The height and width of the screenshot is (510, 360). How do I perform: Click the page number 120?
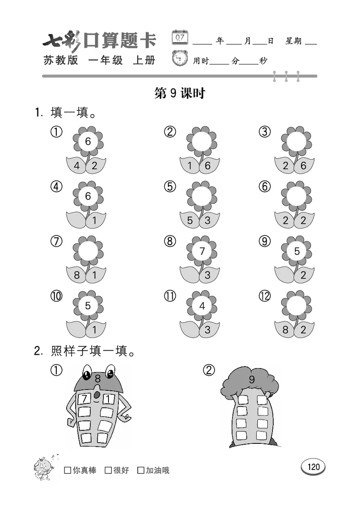coord(314,467)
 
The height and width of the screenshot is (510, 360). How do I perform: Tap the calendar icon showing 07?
coord(180,37)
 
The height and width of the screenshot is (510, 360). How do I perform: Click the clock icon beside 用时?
coord(180,59)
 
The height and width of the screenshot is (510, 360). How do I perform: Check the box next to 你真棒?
coord(67,470)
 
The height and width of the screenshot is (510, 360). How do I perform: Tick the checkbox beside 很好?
coord(108,470)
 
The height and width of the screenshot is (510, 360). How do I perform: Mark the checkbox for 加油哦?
coord(141,470)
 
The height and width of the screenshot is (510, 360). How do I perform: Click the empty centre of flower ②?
coord(202,141)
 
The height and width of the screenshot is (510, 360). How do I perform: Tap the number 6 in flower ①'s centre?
coord(88,141)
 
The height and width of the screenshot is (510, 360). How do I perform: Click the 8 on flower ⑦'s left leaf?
coord(77,275)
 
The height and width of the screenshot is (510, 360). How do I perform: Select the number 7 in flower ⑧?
coord(202,251)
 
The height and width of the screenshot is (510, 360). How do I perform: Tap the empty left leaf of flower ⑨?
coord(284,275)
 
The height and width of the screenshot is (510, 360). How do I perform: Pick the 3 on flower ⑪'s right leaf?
coord(207,329)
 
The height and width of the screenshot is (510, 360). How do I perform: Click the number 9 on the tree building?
coord(252,379)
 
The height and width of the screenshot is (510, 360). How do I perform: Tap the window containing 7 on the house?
coord(84,399)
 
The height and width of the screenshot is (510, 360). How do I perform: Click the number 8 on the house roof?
coord(97,379)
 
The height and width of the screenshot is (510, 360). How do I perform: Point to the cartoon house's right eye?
coord(109,372)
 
